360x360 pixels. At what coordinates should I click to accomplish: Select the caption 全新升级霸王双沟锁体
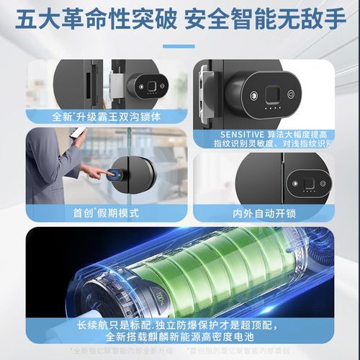[x=100, y=115]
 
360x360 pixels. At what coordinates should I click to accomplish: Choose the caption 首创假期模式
[x=101, y=212]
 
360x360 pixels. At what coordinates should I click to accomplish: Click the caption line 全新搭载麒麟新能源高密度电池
[x=180, y=337]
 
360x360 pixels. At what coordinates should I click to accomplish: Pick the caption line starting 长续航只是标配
[x=180, y=324]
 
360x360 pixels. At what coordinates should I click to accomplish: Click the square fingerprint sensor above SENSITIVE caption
[x=271, y=94]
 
